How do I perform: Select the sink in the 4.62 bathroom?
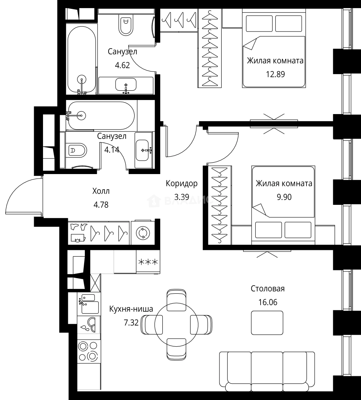tap(126, 85)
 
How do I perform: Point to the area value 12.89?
tap(275, 74)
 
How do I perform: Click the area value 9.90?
tap(284, 197)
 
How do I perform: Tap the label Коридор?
tap(182, 183)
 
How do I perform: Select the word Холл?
tap(101, 191)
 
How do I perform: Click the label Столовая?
tap(268, 289)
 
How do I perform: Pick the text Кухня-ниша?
tap(131, 309)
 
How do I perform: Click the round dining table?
tap(176, 324)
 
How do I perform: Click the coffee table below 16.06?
tap(267, 323)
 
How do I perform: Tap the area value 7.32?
tap(131, 323)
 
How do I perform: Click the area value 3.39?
tap(182, 197)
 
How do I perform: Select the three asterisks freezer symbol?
tap(148, 262)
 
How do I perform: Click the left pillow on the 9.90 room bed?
tap(269, 230)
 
